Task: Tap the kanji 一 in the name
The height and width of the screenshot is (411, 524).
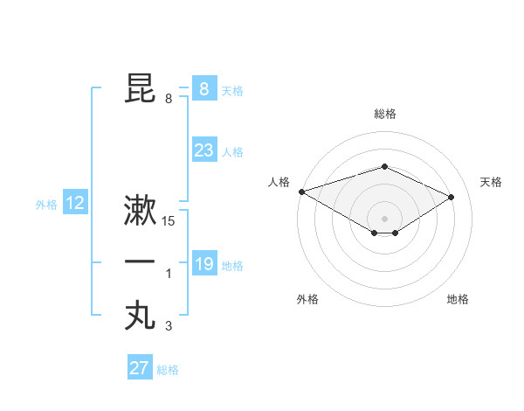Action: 140,262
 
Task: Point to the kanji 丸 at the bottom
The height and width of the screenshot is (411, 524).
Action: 140,315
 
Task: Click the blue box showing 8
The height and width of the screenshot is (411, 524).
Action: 203,88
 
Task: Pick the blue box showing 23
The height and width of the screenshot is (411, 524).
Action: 203,150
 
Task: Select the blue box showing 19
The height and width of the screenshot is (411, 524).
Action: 203,264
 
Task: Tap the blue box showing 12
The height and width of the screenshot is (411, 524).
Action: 75,204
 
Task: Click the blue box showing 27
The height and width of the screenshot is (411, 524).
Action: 139,368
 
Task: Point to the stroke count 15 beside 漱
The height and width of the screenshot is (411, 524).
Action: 169,222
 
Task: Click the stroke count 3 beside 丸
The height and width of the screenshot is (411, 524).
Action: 169,327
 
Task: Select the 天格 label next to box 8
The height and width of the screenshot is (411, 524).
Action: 232,90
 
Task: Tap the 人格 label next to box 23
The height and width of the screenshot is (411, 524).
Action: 232,152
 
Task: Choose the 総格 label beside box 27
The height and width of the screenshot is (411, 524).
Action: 168,370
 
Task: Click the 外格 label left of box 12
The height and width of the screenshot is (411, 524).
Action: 46,205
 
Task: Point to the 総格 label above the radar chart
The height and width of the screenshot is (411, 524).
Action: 384,114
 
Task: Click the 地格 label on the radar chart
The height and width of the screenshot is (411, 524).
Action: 458,300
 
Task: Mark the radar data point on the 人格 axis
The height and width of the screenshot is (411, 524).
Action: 301,192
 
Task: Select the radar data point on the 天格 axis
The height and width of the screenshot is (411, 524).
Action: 452,197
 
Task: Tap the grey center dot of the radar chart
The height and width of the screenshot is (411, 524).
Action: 384,218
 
